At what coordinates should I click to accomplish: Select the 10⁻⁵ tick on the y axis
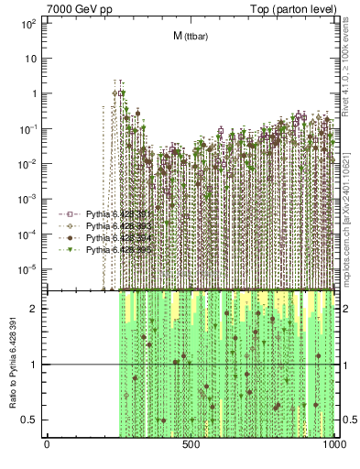pyautogui.click(x=27, y=268)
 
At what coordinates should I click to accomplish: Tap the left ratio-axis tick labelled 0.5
pyautogui.click(x=32, y=420)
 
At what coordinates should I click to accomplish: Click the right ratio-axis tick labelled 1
pyautogui.click(x=345, y=365)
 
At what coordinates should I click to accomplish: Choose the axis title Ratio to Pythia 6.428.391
pyautogui.click(x=12, y=365)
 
